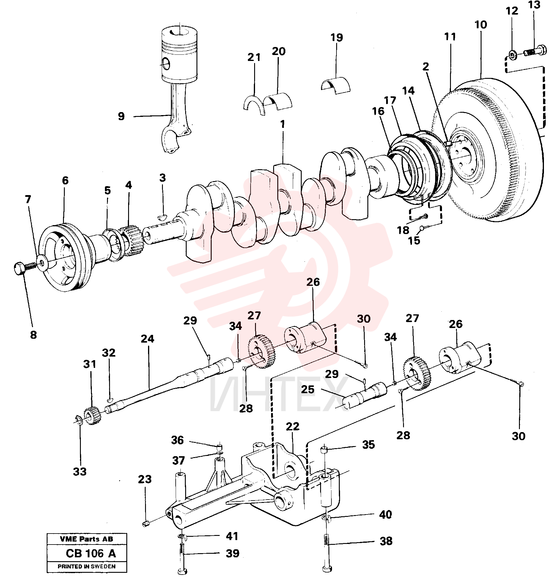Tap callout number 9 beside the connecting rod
click(121, 116)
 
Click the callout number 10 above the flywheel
click(481, 25)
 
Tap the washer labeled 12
click(512, 55)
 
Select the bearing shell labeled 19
click(336, 86)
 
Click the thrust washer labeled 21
click(254, 105)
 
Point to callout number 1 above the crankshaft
click(283, 124)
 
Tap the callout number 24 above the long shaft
click(147, 339)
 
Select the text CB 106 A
click(91, 553)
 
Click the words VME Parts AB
click(86, 539)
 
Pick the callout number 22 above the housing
click(292, 426)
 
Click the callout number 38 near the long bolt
click(386, 541)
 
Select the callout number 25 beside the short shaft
click(308, 389)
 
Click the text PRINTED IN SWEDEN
click(86, 567)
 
